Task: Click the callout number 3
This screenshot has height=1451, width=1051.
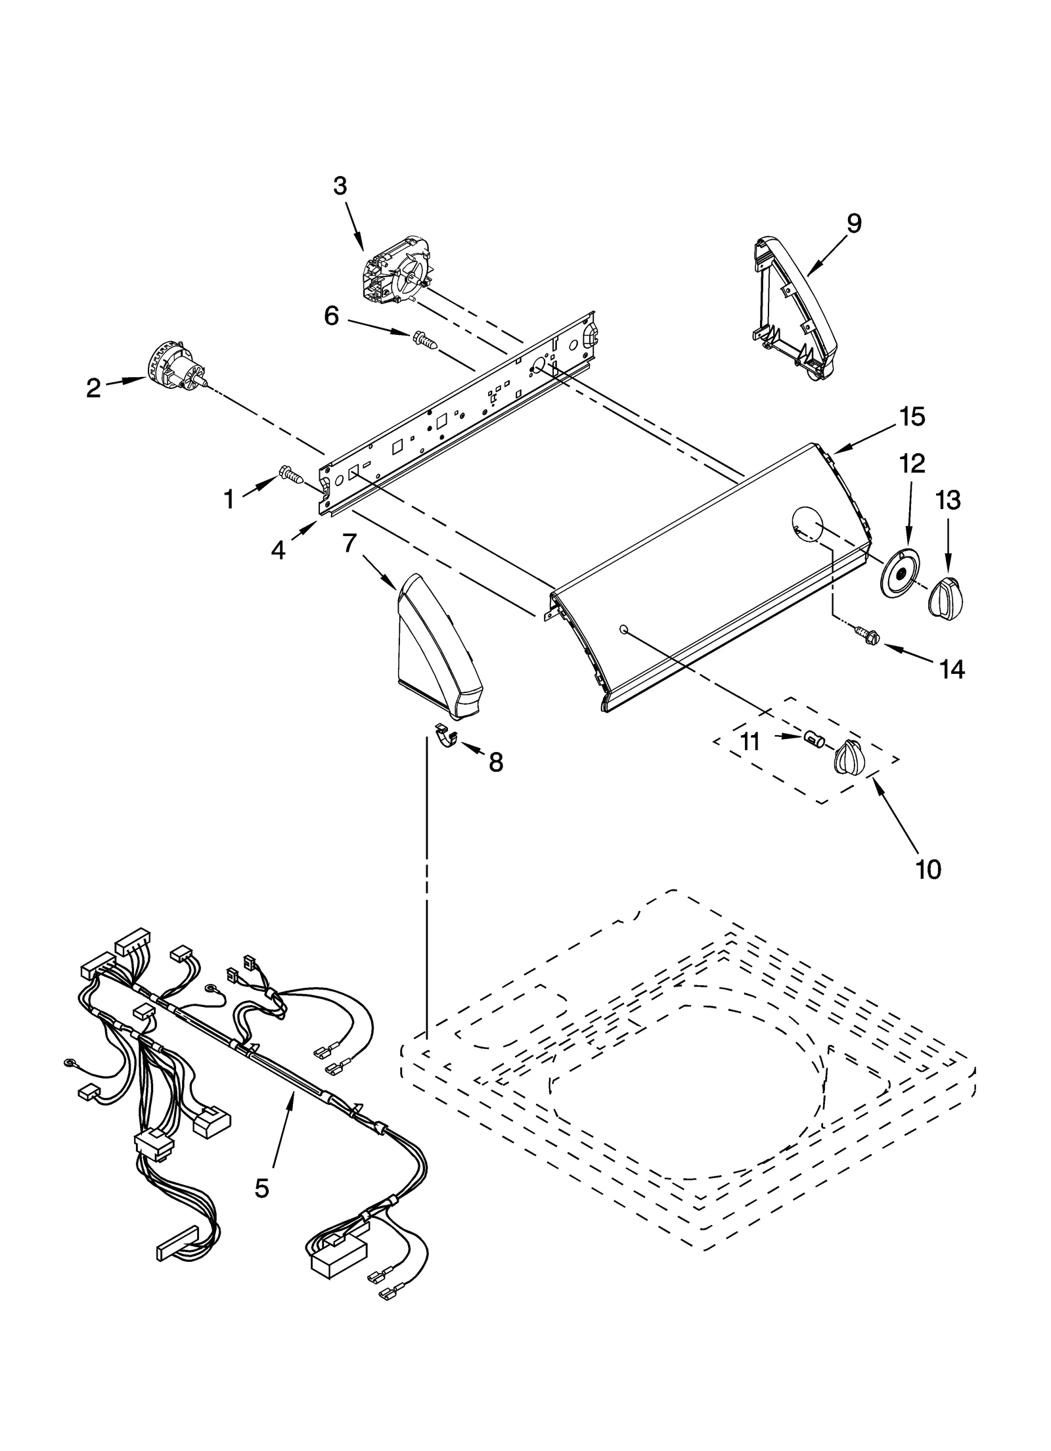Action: click(x=339, y=187)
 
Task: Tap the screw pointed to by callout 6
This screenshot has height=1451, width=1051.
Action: click(x=424, y=340)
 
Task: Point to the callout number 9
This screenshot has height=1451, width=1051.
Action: click(x=853, y=224)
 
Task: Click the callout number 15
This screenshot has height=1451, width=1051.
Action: click(x=912, y=416)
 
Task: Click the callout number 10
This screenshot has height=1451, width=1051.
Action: click(x=929, y=869)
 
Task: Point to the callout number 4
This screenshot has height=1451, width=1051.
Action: click(x=279, y=550)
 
